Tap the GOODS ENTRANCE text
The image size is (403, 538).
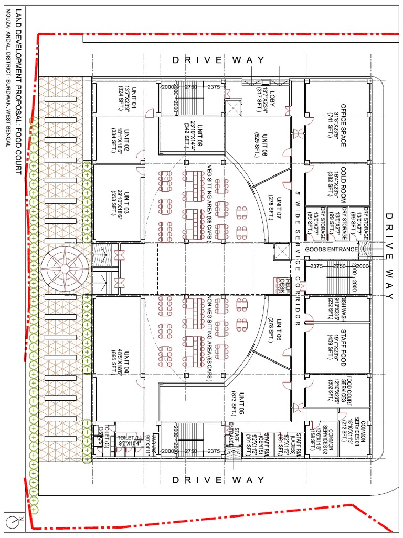[x=332, y=249]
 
